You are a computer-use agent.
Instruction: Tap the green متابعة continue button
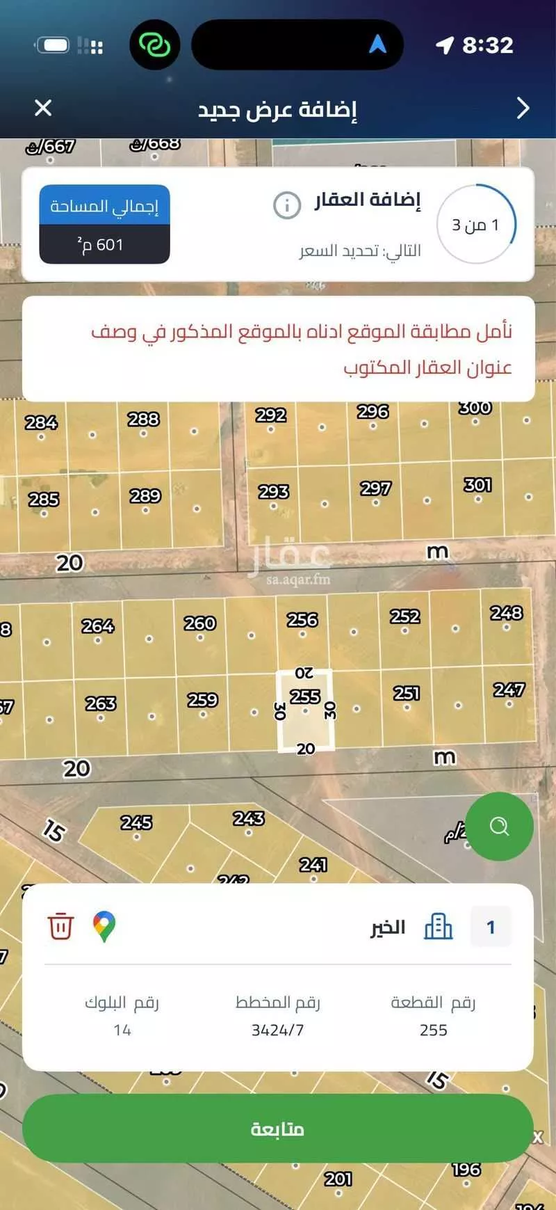point(277,1129)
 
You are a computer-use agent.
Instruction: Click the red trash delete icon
point(60,926)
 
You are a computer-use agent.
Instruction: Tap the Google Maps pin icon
point(104,926)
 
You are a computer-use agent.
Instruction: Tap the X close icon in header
point(43,108)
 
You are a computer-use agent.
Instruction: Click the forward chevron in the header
point(523,108)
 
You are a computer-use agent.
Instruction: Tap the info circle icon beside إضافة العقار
point(286,205)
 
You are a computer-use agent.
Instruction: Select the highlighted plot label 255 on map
point(304,696)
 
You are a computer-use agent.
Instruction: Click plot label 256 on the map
point(302,619)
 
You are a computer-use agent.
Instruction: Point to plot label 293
point(273,492)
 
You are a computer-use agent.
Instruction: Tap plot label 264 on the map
point(97,626)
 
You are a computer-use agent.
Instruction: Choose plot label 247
point(509,690)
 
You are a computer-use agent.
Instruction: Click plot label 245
point(136,822)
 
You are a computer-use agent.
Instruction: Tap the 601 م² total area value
point(104,245)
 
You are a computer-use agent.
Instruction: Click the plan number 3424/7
point(277,1030)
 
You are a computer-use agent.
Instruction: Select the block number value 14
point(122,1030)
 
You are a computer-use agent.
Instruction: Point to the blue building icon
point(438,926)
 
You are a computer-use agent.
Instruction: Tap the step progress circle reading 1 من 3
point(476,224)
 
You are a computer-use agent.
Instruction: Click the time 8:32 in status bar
point(487,45)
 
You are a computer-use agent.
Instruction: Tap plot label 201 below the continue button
point(338,1179)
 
